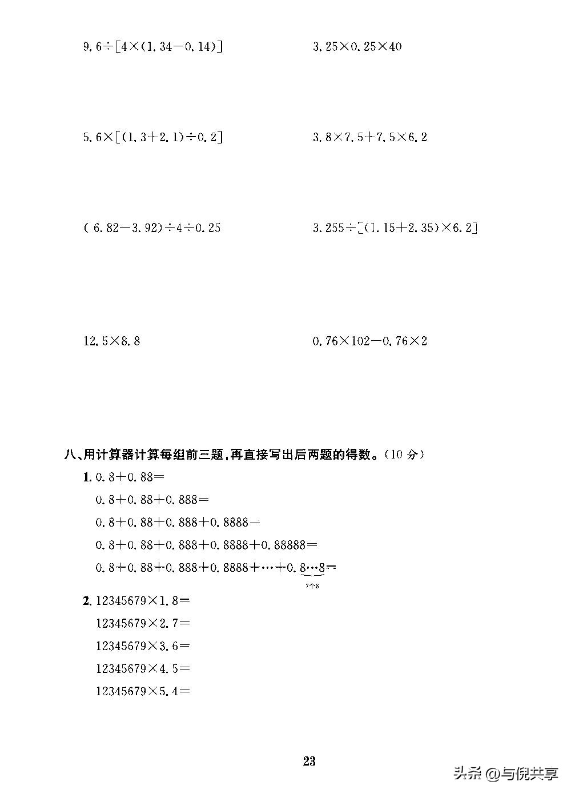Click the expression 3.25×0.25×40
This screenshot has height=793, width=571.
click(357, 46)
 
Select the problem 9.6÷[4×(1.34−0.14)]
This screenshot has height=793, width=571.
click(152, 46)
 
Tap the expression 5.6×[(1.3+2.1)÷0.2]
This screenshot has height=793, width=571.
click(152, 137)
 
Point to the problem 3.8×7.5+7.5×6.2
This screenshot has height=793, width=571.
click(369, 137)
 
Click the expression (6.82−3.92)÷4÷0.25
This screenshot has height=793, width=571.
click(152, 228)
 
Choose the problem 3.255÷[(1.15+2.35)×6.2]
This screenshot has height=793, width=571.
click(395, 228)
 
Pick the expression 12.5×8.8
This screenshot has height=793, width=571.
click(111, 341)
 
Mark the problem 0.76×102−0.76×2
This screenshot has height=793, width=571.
click(369, 341)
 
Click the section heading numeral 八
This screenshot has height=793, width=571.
click(71, 455)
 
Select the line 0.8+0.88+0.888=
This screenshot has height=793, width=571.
click(152, 500)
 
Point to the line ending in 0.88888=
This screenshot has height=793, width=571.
click(206, 545)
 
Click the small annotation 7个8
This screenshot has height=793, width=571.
click(312, 585)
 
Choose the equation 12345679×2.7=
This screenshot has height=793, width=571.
click(143, 623)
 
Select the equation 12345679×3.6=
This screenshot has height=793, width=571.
click(143, 646)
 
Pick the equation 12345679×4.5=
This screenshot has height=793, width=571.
click(143, 668)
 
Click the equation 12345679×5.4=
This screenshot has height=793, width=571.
click(143, 691)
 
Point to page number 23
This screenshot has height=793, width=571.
click(309, 761)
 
